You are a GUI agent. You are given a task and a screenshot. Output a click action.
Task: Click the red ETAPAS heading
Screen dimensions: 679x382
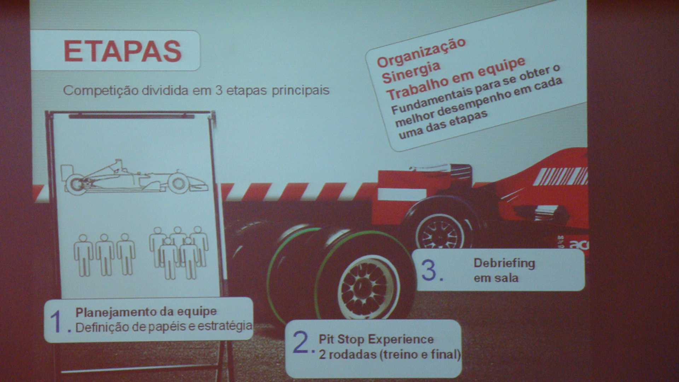(122, 51)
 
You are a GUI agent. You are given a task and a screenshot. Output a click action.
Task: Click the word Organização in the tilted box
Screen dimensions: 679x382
(421, 52)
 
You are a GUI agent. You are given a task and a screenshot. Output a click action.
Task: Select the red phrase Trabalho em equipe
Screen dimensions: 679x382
(455, 78)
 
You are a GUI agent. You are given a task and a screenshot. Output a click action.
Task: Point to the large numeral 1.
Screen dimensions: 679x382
(57, 322)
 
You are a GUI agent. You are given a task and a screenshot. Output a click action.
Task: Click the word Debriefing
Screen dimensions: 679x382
(504, 263)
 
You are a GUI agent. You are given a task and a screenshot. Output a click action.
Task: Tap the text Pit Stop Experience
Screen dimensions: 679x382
(376, 339)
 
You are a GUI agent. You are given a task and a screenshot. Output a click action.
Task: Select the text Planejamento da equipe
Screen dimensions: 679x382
(146, 312)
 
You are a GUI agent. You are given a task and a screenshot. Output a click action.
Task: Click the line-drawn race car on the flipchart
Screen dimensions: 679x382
(134, 176)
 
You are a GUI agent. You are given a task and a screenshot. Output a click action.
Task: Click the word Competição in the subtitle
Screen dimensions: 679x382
(101, 91)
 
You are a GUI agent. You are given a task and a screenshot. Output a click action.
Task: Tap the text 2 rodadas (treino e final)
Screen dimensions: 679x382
(389, 354)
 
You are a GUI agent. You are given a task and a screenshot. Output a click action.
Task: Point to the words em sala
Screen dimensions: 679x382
(496, 278)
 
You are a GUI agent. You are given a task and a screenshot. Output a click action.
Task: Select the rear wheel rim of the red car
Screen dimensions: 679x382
(440, 232)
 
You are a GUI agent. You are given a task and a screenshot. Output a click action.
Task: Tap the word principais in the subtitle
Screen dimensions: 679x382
(301, 91)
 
